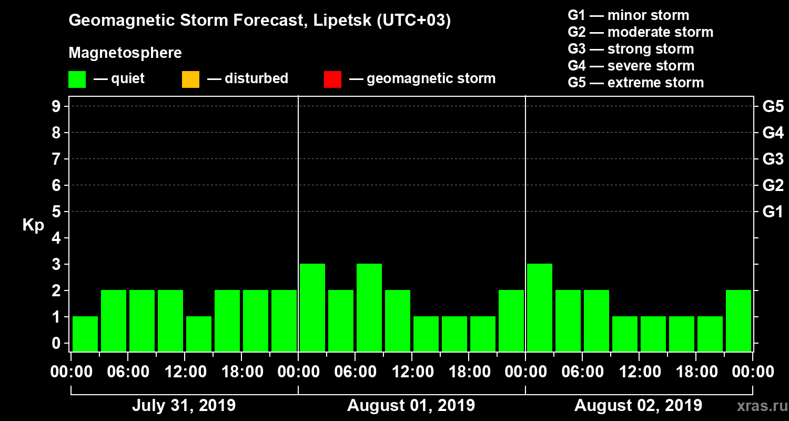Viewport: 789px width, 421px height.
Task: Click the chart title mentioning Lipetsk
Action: [x=260, y=21]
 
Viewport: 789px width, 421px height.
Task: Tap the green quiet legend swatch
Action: [x=77, y=79]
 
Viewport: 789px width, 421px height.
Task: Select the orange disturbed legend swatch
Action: [x=190, y=79]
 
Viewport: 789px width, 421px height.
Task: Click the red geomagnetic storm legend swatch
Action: [x=332, y=79]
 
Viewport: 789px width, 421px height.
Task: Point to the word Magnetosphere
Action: [x=125, y=53]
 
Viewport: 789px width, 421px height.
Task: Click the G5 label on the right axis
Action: [x=773, y=106]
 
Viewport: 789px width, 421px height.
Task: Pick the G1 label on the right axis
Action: [x=773, y=212]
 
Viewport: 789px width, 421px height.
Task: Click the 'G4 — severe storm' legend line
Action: [x=631, y=66]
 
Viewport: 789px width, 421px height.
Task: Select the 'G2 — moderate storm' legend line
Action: [x=641, y=32]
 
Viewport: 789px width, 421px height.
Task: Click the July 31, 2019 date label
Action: [x=184, y=406]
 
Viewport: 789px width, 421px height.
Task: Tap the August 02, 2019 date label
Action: [x=638, y=406]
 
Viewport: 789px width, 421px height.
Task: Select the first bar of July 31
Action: [x=85, y=334]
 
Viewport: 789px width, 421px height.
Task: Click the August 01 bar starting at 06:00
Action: [x=369, y=307]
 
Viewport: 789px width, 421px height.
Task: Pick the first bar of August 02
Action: [x=540, y=307]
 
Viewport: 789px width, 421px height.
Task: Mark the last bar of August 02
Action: [x=739, y=320]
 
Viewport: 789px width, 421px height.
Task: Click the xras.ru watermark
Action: [x=758, y=406]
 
